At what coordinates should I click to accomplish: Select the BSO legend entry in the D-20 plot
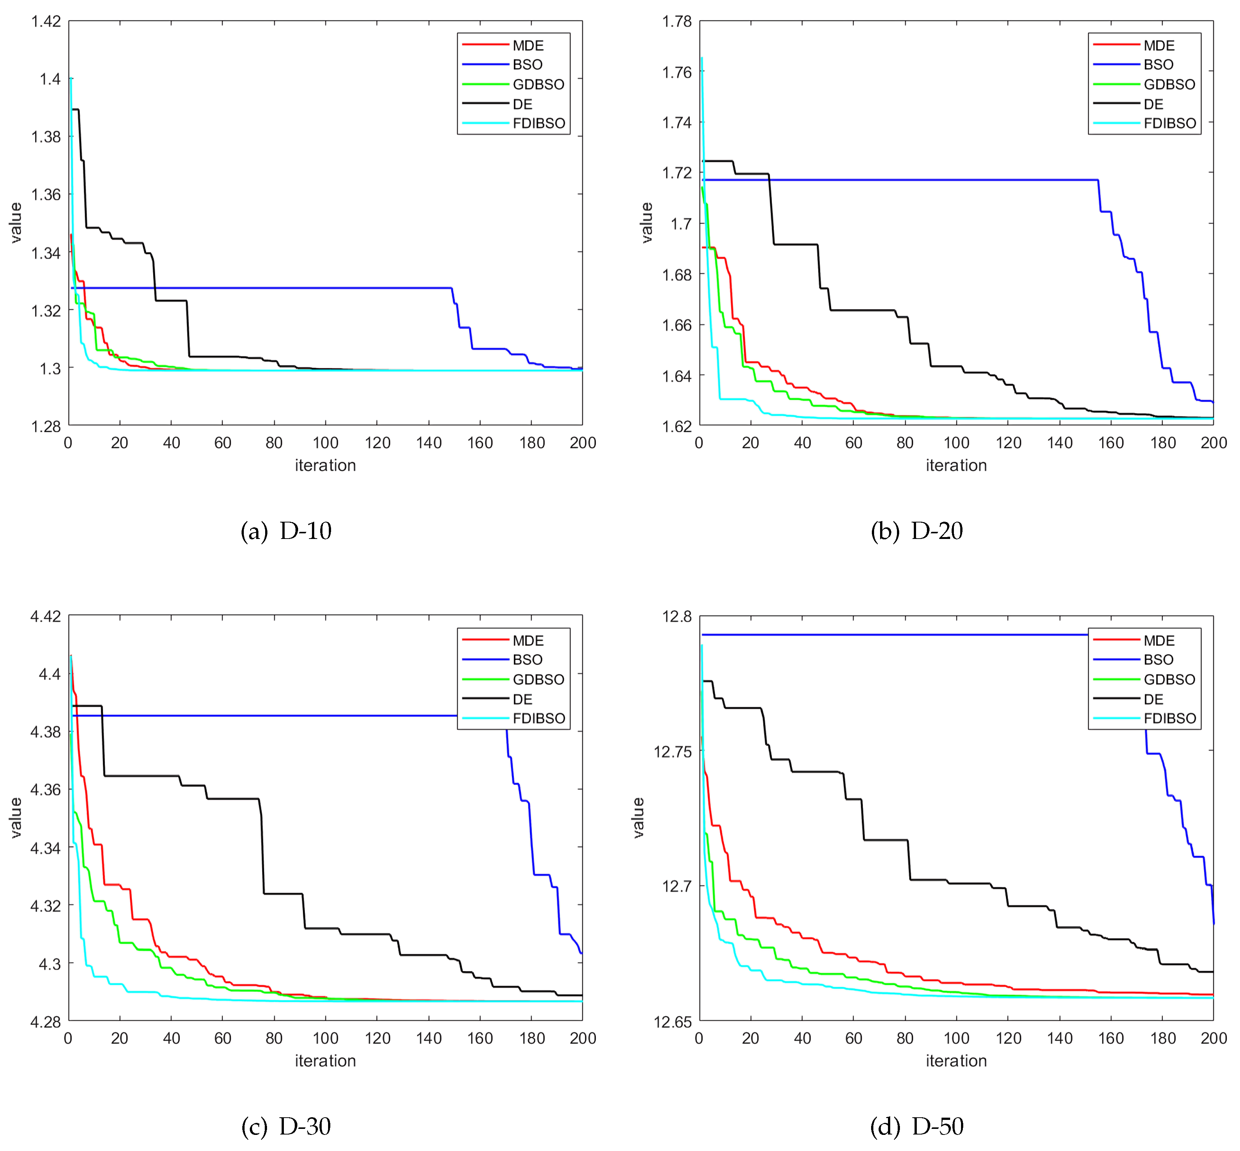click(x=1158, y=65)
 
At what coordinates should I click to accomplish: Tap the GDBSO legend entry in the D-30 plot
click(x=538, y=680)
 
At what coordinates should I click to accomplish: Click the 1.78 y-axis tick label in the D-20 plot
click(x=677, y=21)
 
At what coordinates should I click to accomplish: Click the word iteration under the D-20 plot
click(x=956, y=465)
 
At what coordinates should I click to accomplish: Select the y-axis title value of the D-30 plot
click(x=16, y=818)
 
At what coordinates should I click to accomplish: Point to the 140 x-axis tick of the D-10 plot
click(x=429, y=443)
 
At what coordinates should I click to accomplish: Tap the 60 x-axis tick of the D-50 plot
click(x=854, y=1038)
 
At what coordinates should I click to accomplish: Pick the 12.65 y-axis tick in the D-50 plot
click(x=672, y=1021)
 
